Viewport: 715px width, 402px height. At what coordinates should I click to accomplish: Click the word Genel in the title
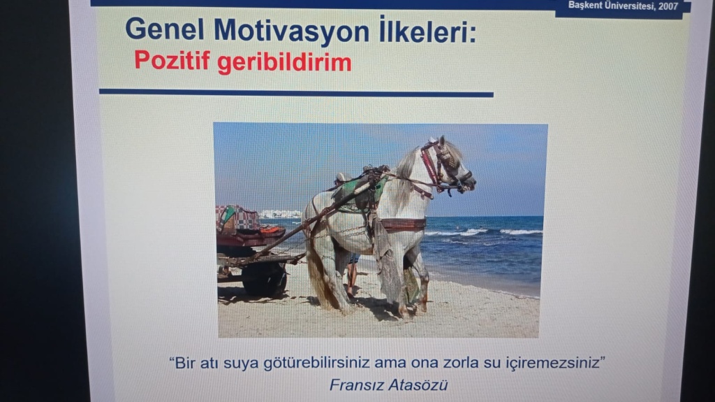165,29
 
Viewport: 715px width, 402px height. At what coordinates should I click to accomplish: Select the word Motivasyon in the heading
291,32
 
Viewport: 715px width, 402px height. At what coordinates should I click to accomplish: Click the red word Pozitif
172,60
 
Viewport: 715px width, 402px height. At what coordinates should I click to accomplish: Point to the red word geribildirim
284,63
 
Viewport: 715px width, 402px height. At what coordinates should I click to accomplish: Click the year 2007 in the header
668,6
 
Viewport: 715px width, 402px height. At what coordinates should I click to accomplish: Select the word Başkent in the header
584,6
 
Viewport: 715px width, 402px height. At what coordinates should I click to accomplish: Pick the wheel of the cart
264,279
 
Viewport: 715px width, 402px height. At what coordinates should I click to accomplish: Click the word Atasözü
417,385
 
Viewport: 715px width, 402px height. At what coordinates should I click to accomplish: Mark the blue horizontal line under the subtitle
296,93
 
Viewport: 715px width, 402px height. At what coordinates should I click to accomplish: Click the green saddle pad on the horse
360,194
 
